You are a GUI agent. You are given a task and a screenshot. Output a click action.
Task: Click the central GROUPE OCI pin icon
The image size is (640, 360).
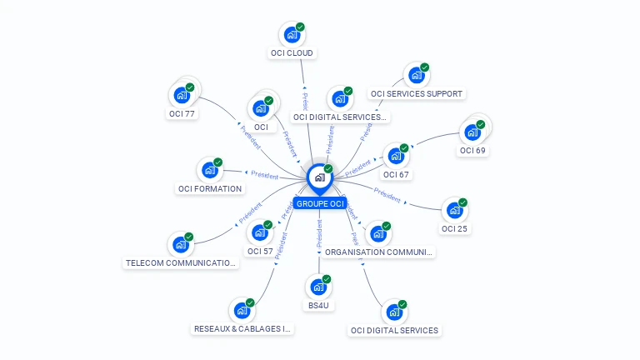pos(319,177)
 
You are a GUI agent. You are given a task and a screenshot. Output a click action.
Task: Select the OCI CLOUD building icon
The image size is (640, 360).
pos(292,34)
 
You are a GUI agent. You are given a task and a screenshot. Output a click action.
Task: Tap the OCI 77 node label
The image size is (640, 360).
pos(182,113)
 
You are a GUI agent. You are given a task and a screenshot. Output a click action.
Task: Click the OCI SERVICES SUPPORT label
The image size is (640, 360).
pos(416,94)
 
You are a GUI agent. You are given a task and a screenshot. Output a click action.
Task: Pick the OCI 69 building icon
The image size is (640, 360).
pos(472,132)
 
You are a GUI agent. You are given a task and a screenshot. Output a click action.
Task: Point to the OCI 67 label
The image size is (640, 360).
pos(396,175)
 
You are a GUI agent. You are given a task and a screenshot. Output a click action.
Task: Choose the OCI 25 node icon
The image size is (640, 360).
pos(454,210)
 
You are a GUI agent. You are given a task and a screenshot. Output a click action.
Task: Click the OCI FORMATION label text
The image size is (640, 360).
pos(210,188)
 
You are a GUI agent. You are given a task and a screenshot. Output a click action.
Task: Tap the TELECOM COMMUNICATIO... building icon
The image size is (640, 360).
pos(181,245)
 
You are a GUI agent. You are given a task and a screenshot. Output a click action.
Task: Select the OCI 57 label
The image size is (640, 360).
pos(260,251)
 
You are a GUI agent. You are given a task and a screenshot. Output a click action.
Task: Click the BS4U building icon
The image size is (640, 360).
pos(318,287)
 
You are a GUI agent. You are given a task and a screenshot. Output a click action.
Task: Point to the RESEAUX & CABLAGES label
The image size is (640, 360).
pos(242,329)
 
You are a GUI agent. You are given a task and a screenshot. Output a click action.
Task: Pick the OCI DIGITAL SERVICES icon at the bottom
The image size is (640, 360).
pos(394,312)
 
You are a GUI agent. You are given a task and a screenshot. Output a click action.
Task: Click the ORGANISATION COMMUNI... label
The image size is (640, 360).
pos(379,252)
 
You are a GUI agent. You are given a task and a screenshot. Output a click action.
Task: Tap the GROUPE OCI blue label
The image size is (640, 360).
pos(319,203)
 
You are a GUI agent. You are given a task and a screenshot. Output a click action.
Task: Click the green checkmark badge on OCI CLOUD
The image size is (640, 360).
pos(300,27)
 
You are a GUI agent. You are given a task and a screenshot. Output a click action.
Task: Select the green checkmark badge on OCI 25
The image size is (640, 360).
pos(462,202)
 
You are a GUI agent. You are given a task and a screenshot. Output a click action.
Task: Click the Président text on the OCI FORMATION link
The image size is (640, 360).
pos(264,175)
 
